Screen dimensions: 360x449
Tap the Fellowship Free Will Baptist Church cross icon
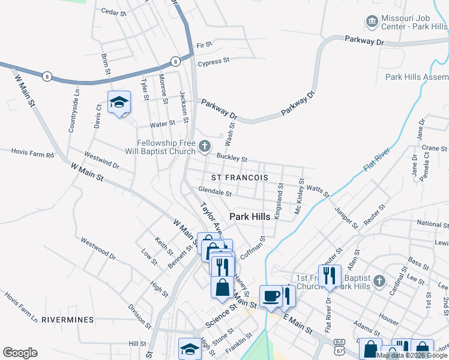[204, 146]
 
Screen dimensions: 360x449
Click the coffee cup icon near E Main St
[270, 296]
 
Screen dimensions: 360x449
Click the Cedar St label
[114, 11]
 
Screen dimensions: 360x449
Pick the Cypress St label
[214, 61]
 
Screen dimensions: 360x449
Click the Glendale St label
[214, 193]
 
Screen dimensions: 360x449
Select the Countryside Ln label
[74, 111]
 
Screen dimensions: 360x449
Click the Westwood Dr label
[98, 248]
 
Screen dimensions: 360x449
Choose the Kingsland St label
[280, 202]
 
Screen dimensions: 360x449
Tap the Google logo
[20, 353]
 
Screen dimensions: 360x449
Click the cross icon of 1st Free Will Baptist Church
[378, 280]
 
